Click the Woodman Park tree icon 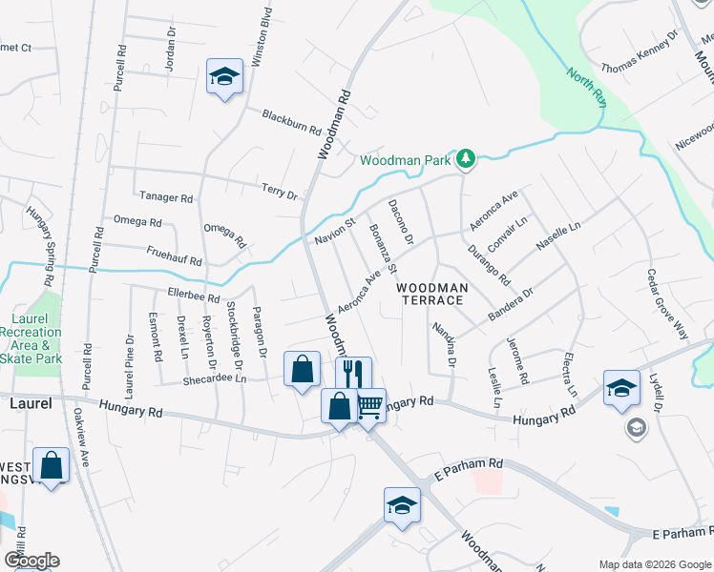(x=465, y=159)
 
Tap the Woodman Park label (x=405, y=161)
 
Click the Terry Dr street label (x=281, y=192)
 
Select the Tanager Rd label (x=166, y=197)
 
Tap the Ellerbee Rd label (x=194, y=296)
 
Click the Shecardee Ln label (x=215, y=378)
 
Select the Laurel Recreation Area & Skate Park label (x=36, y=338)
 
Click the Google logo (x=31, y=561)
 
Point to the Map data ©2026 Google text (x=654, y=564)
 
